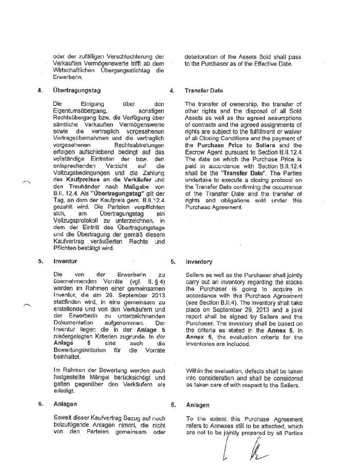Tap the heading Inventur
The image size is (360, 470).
65,261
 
